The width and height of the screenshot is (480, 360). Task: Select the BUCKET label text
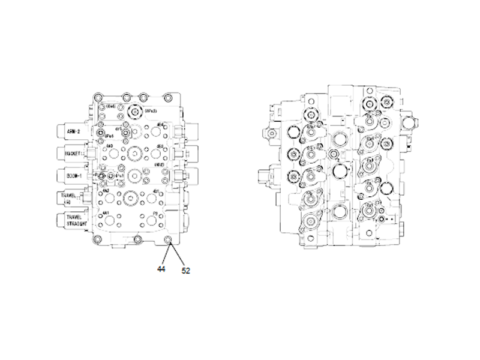coord(73,153)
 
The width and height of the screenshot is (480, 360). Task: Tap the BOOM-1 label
coord(72,175)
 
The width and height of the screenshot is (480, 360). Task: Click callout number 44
coord(161,269)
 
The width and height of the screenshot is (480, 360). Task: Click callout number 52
coord(185,271)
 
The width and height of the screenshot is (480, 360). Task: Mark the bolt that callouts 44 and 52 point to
coord(167,241)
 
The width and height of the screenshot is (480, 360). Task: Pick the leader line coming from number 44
coord(164,254)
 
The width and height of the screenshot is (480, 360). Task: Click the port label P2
coord(154,214)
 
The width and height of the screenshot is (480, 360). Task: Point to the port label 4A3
coord(109,146)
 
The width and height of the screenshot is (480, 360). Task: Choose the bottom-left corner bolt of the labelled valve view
coord(96,240)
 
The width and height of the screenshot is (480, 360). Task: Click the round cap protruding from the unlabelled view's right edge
coord(410,125)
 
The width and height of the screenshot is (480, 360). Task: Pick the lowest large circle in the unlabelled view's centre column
coord(339,212)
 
